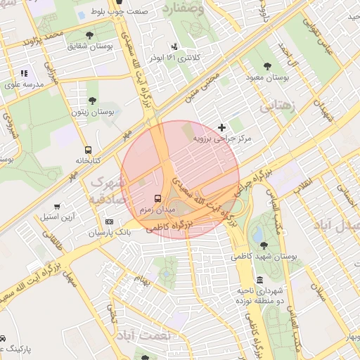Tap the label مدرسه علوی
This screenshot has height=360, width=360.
tap(24, 84)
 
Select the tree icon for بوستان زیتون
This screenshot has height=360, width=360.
tap(91, 101)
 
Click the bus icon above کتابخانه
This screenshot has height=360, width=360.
tap(88, 150)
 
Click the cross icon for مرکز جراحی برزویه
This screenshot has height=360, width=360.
tap(222, 127)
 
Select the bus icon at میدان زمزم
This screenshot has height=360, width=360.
tap(157, 199)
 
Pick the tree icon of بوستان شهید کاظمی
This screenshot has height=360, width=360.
tap(263, 245)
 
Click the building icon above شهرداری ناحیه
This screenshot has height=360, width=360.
tap(260, 279)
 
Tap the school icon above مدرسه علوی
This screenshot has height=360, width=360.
tap(24, 72)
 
